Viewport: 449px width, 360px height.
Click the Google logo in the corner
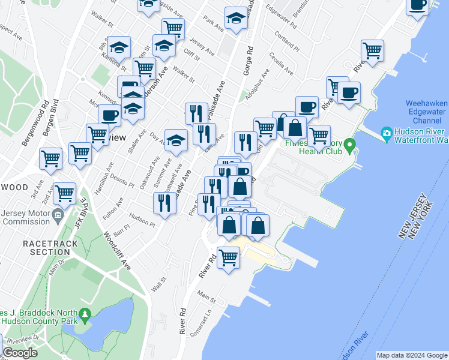[x=20, y=353]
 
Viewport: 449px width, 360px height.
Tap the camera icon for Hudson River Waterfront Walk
[x=387, y=133]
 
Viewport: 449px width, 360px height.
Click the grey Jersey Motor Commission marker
[x=58, y=215]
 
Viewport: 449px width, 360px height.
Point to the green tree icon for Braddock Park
[x=85, y=314]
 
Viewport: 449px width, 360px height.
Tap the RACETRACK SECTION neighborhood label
[x=47, y=248]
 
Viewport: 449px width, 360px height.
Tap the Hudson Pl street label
[x=142, y=221]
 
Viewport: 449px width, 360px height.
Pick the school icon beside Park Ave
[x=236, y=19]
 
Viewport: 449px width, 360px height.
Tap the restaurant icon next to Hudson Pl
[x=164, y=203]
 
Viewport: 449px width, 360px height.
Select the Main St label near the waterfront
[x=206, y=296]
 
